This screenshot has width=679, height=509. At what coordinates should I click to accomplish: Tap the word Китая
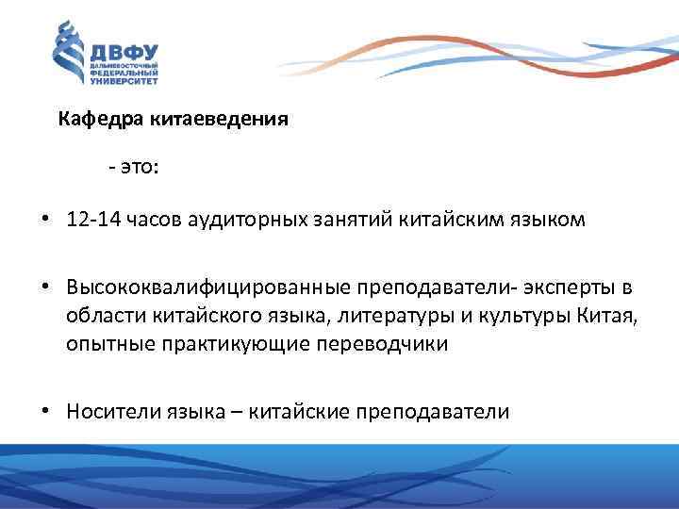pos(611,315)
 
